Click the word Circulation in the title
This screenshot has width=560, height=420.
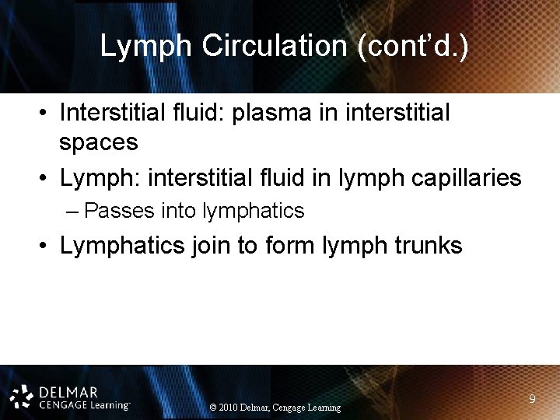(275, 47)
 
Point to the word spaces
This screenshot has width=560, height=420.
(99, 142)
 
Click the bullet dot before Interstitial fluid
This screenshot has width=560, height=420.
(47, 114)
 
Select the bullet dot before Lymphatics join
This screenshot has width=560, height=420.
(47, 247)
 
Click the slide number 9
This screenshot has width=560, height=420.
(532, 399)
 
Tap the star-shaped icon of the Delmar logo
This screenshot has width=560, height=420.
(22, 396)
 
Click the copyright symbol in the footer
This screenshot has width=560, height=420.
(214, 408)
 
